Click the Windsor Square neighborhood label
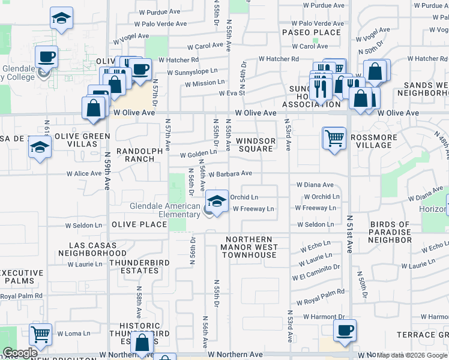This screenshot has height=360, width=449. pyautogui.click(x=256, y=145)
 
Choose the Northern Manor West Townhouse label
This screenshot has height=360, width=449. pyautogui.click(x=249, y=247)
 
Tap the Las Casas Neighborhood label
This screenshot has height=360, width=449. pyautogui.click(x=89, y=249)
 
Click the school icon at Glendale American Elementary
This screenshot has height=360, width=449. pyautogui.click(x=217, y=200)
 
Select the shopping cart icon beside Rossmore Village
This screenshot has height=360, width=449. pyautogui.click(x=334, y=138)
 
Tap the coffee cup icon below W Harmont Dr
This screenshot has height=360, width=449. pyautogui.click(x=345, y=329)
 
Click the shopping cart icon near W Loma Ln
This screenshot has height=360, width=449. pyautogui.click(x=40, y=334)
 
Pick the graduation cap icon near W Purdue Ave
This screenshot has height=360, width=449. pyautogui.click(x=61, y=18)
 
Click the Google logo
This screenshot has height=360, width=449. pyautogui.click(x=20, y=353)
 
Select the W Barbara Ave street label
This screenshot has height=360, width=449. pyautogui.click(x=230, y=174)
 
